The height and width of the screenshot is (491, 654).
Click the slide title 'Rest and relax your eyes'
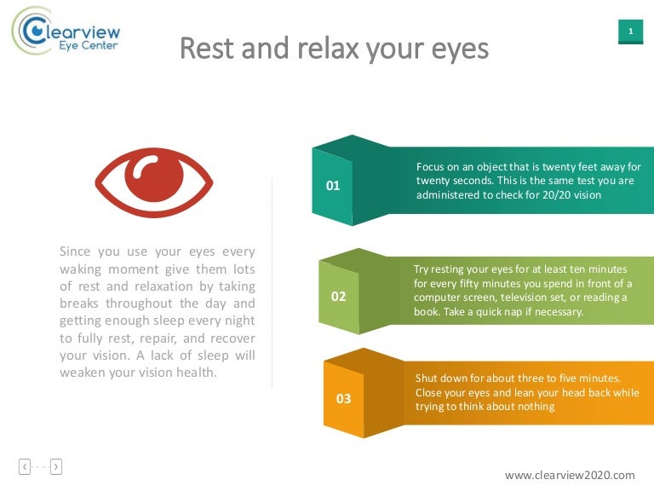(334, 49)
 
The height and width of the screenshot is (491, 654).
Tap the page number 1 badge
(630, 32)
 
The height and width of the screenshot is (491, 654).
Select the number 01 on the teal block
(333, 185)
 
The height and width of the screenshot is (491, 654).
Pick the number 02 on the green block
(338, 297)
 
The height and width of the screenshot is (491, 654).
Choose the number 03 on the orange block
(344, 398)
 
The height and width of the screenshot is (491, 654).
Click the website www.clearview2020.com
(570, 475)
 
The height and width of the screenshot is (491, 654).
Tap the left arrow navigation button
(25, 465)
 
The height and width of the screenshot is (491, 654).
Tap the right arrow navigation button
(56, 465)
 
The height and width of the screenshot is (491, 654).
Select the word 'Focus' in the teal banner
(431, 166)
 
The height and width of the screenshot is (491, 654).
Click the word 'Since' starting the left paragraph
(75, 251)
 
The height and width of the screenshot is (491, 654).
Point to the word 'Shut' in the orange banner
(427, 378)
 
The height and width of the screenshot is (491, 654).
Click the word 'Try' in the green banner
(422, 269)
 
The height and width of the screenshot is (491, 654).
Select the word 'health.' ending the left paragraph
(198, 372)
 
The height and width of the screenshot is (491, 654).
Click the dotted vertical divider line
(272, 281)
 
